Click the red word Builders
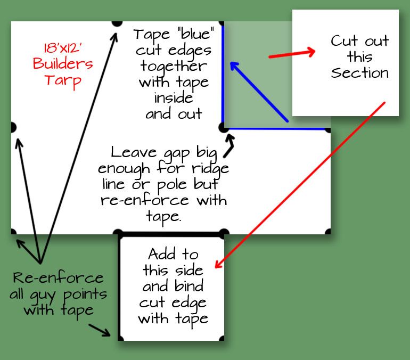click(63, 64)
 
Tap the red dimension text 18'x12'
click(63, 48)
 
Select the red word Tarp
click(63, 80)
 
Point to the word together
click(174, 66)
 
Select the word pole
click(183, 185)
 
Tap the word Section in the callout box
click(360, 73)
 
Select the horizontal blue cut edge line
click(277, 128)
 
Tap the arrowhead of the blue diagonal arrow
click(233, 65)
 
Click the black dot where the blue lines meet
click(224, 128)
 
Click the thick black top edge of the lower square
click(170, 234)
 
